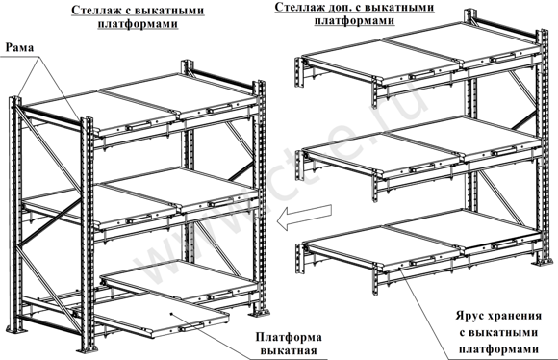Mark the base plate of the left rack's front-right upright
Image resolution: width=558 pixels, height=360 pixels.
pos(260,315)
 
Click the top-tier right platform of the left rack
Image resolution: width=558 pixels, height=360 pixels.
pos(192,96)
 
